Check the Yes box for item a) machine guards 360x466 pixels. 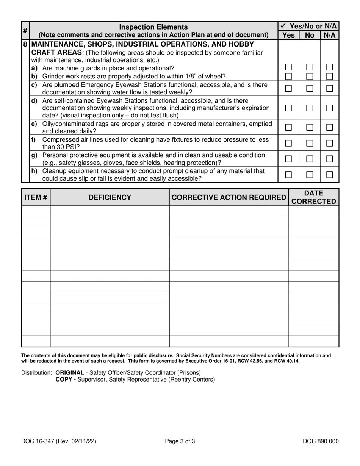288,67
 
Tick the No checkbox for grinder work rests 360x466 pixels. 310,76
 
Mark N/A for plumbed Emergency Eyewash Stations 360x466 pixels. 330,88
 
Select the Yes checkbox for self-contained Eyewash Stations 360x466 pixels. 288,108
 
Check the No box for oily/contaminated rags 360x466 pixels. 310,127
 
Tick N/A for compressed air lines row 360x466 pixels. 330,143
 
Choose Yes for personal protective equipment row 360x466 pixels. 288,159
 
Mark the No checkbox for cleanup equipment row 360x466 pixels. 310,175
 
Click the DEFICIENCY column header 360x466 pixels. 110,197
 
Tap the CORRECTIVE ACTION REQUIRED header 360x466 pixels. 229,197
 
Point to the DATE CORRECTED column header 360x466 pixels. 313,197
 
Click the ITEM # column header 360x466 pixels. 36,197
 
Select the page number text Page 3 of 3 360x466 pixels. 180,441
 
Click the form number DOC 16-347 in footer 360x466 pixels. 38,441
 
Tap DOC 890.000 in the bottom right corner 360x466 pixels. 321,441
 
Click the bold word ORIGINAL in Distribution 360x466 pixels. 70,372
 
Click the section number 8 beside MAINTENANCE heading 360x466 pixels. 25,44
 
